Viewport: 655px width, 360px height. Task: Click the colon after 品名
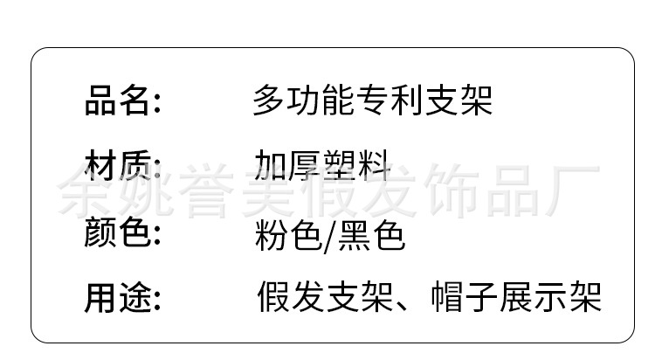[x=157, y=103]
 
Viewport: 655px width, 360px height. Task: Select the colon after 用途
[x=157, y=301]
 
